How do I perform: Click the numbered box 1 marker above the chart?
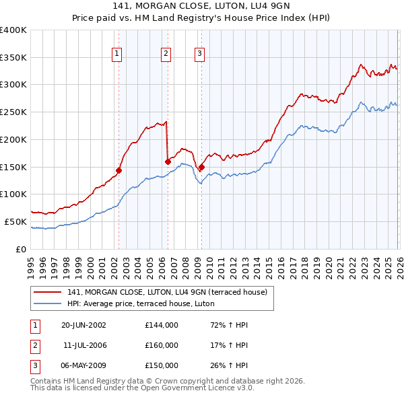coord(117,55)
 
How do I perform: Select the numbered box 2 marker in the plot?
coord(166,55)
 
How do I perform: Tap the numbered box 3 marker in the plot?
coord(200,55)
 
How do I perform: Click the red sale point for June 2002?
coord(119,170)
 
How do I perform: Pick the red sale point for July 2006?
coord(167,161)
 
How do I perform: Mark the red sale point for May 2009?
coord(201,167)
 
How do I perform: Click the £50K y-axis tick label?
coord(16,221)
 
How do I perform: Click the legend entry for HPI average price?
coord(140,303)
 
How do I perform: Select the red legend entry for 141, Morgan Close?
coord(167,292)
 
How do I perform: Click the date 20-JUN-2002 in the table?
coord(83,325)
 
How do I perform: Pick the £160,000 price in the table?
coord(162,345)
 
